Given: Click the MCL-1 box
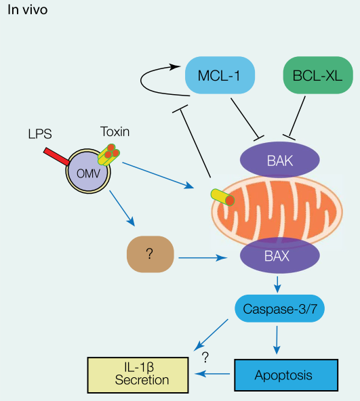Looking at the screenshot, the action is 220,75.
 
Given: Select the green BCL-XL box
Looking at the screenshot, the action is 318,75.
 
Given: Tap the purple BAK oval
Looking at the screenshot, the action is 279,160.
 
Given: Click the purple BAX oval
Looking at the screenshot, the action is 279,255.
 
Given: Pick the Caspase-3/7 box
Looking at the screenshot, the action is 279,308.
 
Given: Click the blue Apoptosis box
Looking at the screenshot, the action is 286,375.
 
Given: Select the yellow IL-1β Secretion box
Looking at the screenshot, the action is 138,375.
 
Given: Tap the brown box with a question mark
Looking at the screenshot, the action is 151,254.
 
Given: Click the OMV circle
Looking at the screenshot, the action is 88,171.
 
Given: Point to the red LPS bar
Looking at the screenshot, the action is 56,156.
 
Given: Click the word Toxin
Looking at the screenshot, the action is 115,131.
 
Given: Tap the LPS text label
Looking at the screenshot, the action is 40,133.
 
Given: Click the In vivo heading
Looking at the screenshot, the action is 28,9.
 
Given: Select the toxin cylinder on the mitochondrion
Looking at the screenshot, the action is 222,197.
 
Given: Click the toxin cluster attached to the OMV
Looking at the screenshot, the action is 108,154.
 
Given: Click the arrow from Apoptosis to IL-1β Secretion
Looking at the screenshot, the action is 212,374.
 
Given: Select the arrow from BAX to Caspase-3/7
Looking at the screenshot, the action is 277,284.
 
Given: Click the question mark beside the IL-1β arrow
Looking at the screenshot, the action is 205,357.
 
